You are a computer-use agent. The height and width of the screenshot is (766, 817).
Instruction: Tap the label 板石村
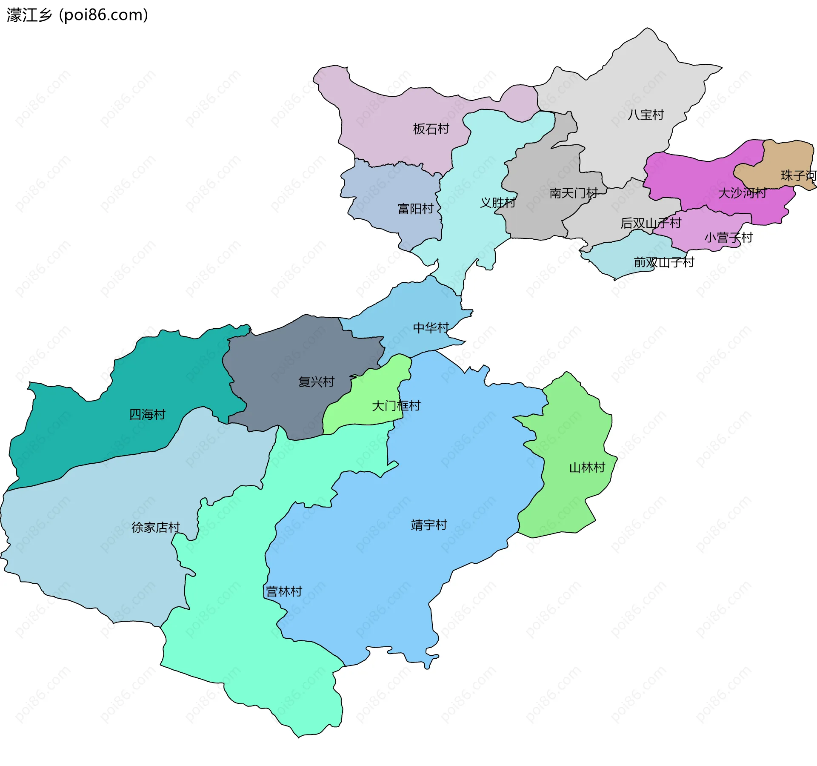pyautogui.click(x=431, y=129)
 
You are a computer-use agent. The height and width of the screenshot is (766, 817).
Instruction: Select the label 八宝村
pyautogui.click(x=646, y=115)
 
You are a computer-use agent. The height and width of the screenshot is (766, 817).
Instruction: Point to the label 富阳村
pyautogui.click(x=415, y=209)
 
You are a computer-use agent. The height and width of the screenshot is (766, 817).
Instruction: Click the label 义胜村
pyautogui.click(x=497, y=203)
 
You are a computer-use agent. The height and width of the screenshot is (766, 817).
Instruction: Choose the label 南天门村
pyautogui.click(x=573, y=193)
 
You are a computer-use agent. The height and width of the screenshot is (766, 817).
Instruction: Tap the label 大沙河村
pyautogui.click(x=742, y=193)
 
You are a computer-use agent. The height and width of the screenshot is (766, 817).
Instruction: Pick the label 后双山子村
pyautogui.click(x=651, y=223)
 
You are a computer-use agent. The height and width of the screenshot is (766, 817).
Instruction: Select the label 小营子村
pyautogui.click(x=728, y=238)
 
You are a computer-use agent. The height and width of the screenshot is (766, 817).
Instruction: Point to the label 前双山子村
pyautogui.click(x=663, y=262)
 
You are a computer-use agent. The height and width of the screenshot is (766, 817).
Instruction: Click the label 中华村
pyautogui.click(x=431, y=328)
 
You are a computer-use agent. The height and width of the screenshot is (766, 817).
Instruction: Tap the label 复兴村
pyautogui.click(x=316, y=382)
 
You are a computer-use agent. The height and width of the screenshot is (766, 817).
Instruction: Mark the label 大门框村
pyautogui.click(x=396, y=406)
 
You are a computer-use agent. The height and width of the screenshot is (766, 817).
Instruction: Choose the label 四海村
pyautogui.click(x=147, y=415)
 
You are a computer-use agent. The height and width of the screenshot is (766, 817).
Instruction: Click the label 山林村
pyautogui.click(x=587, y=468)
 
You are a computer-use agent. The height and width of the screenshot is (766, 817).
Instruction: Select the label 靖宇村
pyautogui.click(x=429, y=525)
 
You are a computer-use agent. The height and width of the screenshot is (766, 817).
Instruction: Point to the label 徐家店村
pyautogui.click(x=156, y=528)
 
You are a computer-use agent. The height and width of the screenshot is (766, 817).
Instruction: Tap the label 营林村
pyautogui.click(x=284, y=591)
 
